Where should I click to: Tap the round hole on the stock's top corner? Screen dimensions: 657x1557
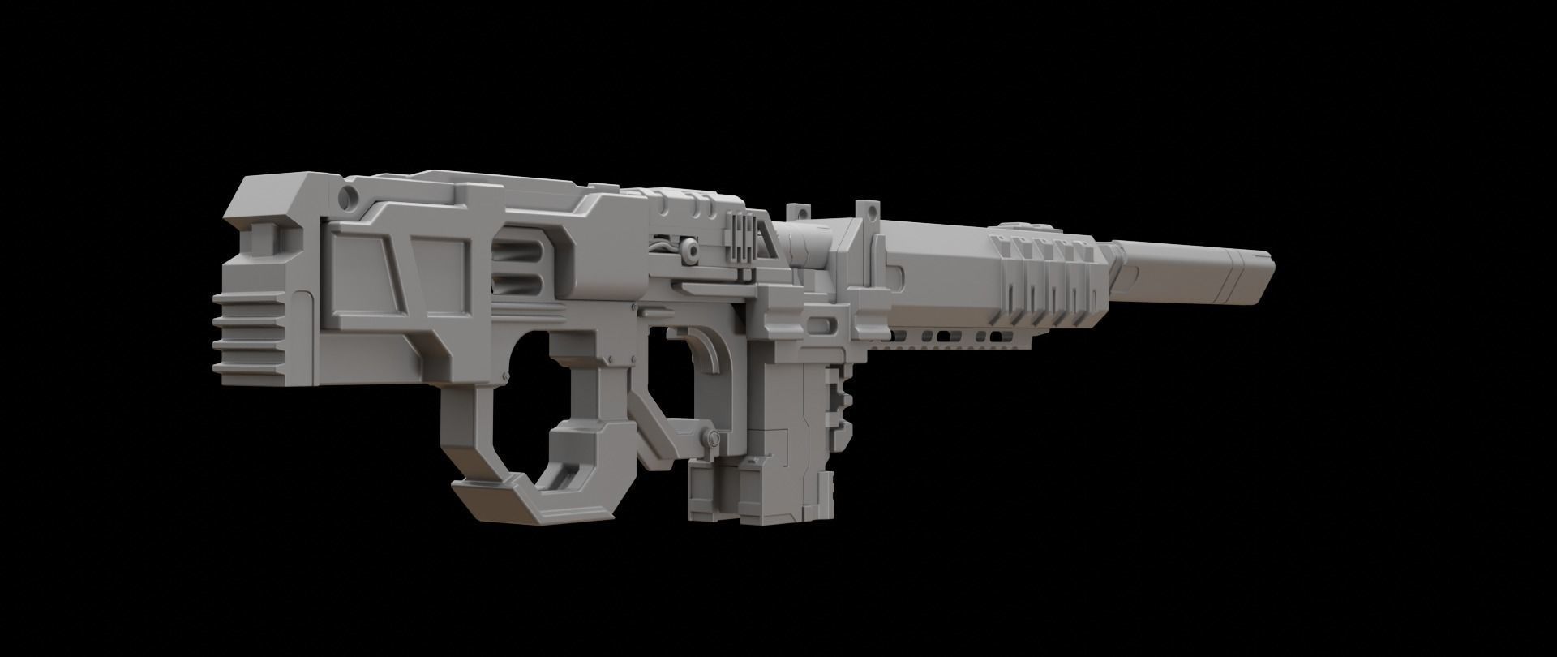[350, 195]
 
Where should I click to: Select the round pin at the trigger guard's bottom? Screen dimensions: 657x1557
[713, 439]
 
